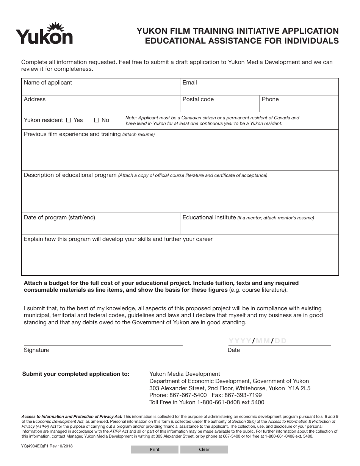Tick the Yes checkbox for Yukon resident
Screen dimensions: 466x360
coord(69,120)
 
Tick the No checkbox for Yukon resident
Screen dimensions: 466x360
coord(97,120)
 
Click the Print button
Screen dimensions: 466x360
coord(155,449)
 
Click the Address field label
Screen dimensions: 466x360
coord(34,99)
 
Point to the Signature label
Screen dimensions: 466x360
coord(36,350)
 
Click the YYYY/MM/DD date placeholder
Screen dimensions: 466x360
coord(258,341)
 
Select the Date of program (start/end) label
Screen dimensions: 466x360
coord(59,217)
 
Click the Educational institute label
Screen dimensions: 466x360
coord(209,217)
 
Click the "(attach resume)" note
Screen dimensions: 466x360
coord(138,134)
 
